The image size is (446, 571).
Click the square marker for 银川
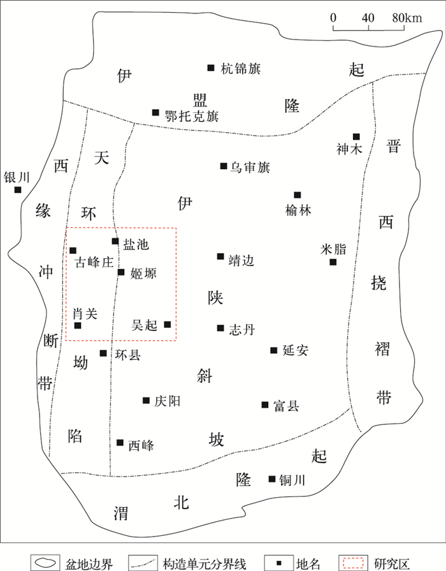(x=18, y=189)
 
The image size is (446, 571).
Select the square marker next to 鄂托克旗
(x=155, y=112)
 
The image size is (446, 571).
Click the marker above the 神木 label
(x=356, y=136)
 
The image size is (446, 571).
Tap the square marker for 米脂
(x=333, y=262)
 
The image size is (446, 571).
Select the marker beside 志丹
(x=220, y=329)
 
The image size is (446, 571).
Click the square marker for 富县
(x=264, y=404)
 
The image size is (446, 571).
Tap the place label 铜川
(x=292, y=480)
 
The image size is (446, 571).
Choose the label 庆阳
(x=167, y=401)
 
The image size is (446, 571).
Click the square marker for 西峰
(x=120, y=442)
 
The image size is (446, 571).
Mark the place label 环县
(x=127, y=355)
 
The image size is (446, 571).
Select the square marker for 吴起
(x=168, y=324)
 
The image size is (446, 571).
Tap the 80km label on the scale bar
(x=407, y=17)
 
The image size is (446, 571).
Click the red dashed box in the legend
(x=353, y=562)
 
